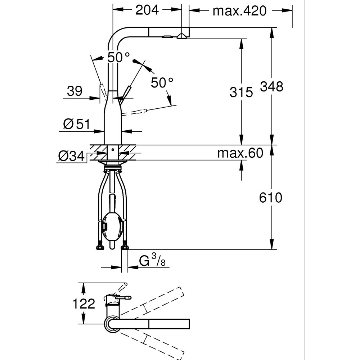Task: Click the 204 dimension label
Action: [x=147, y=10]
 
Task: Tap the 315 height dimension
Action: [x=241, y=93]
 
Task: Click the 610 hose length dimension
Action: [x=271, y=198]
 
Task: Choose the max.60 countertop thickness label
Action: [x=240, y=153]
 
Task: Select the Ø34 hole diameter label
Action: [x=71, y=156]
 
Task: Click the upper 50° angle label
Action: [x=118, y=57]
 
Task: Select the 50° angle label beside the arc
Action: [x=162, y=83]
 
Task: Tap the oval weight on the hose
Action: [x=112, y=226]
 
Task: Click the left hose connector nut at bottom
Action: [x=99, y=247]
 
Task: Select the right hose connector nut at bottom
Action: [x=125, y=247]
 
